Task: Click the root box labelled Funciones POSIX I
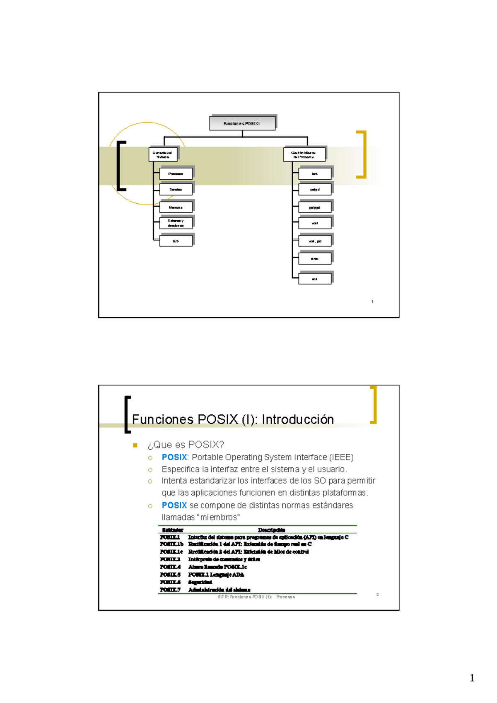(x=242, y=123)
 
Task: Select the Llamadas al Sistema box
(x=163, y=154)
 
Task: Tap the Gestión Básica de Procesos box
(x=304, y=154)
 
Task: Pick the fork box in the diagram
(x=315, y=174)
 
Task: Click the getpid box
(x=315, y=190)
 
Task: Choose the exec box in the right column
(x=315, y=259)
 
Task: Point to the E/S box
(x=176, y=241)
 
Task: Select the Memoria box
(x=176, y=207)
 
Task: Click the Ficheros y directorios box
(x=176, y=223)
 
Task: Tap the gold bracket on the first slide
(x=362, y=154)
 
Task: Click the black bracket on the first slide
(x=121, y=166)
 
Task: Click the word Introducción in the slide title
(x=298, y=419)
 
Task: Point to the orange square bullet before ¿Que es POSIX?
(x=135, y=445)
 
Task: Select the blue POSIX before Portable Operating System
(x=174, y=457)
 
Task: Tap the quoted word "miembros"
(x=220, y=518)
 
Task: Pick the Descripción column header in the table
(x=272, y=530)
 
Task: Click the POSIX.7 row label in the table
(x=170, y=590)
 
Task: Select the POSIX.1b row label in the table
(x=171, y=544)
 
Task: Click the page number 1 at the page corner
(x=472, y=678)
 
